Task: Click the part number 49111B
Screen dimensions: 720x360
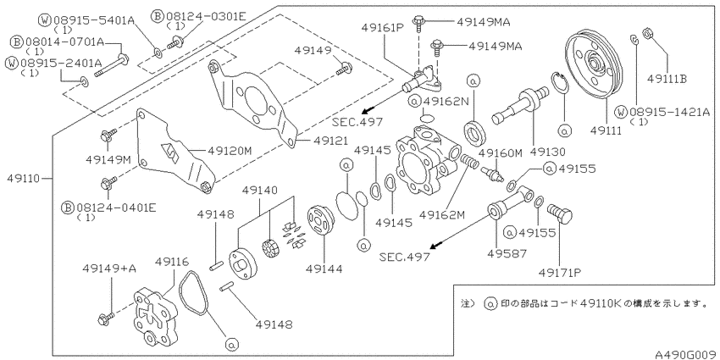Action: pos(667,79)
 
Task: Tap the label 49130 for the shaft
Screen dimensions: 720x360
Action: pos(549,151)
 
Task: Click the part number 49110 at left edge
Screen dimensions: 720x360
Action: pos(24,178)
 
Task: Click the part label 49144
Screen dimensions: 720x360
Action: pos(324,269)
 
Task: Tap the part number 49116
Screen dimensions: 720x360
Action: pos(172,263)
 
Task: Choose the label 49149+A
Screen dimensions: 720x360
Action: pos(109,269)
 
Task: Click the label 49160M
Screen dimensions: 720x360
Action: pos(501,153)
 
